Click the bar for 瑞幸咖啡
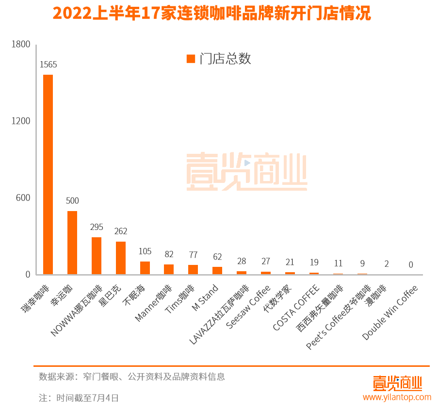48,175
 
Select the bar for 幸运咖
72,243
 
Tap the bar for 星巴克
121,258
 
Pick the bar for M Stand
217,271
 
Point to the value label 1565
48,65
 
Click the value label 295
97,227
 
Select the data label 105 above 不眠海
145,251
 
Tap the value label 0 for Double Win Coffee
411,265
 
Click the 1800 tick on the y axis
21,44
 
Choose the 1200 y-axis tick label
21,121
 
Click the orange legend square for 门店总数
191,59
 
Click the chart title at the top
211,13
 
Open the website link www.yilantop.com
397,397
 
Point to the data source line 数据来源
132,377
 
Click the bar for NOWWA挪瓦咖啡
97,256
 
